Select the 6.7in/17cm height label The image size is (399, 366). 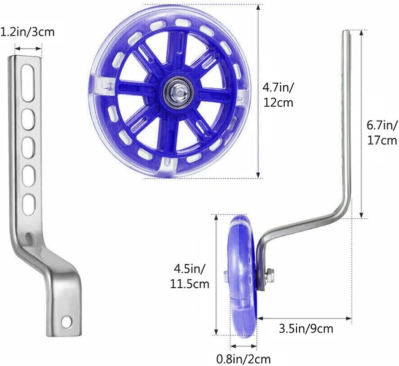point(382,132)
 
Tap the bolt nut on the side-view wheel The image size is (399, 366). point(270,273)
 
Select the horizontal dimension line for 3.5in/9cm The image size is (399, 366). point(305,318)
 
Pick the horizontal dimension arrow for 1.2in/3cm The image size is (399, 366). point(28,48)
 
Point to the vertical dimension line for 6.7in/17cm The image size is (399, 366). point(361,125)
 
